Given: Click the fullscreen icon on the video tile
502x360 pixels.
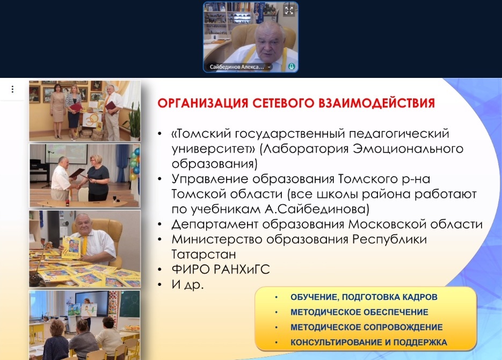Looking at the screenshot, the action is [289, 11].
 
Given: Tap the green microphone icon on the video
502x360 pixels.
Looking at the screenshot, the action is [292, 66].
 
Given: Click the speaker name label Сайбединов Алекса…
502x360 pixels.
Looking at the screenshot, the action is [237, 67].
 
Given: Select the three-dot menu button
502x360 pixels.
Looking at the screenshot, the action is [12, 89].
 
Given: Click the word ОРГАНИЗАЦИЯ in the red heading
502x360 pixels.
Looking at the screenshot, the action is [203, 103].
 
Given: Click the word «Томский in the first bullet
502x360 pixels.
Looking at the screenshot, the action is [201, 133].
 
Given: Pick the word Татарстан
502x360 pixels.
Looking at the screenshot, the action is [203, 254].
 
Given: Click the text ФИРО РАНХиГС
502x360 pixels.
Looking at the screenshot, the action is [221, 269].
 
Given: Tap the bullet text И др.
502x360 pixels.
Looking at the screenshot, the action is [187, 284].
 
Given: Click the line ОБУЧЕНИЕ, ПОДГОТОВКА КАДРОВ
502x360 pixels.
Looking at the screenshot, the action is [363, 297].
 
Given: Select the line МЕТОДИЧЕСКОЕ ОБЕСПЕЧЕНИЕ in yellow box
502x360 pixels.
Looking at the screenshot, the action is [359, 312].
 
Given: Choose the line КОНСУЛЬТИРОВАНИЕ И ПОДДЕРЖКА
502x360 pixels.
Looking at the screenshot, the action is [368, 342].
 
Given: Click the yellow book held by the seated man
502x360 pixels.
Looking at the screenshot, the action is [71, 247].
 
